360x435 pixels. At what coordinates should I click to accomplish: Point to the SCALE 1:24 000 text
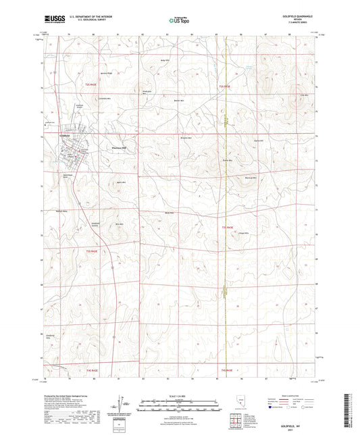(x=179, y=396)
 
